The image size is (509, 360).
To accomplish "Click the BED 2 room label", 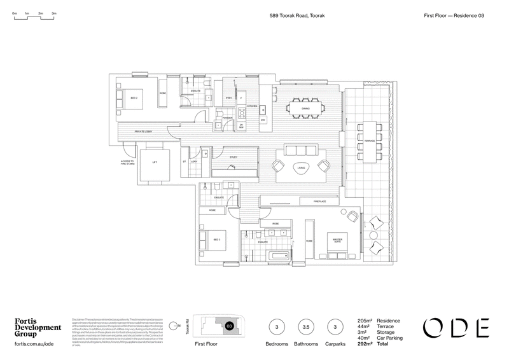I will (x=135, y=99).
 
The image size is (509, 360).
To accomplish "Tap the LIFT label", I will (x=155, y=162).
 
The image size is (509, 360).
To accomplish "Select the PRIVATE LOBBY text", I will (x=143, y=132).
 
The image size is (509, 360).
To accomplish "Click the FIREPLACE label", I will (x=320, y=202).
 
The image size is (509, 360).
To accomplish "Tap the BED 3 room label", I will (x=216, y=240).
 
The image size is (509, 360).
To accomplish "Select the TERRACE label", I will (x=368, y=137).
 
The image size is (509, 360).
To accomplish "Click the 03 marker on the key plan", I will (x=229, y=326).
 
